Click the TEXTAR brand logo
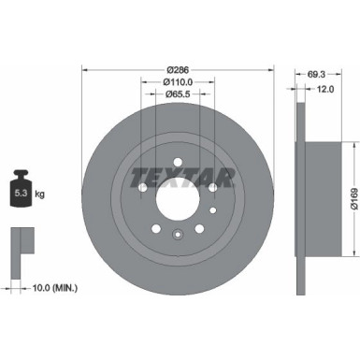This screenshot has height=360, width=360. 178,175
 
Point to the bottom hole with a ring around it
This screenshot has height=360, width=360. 178,234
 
